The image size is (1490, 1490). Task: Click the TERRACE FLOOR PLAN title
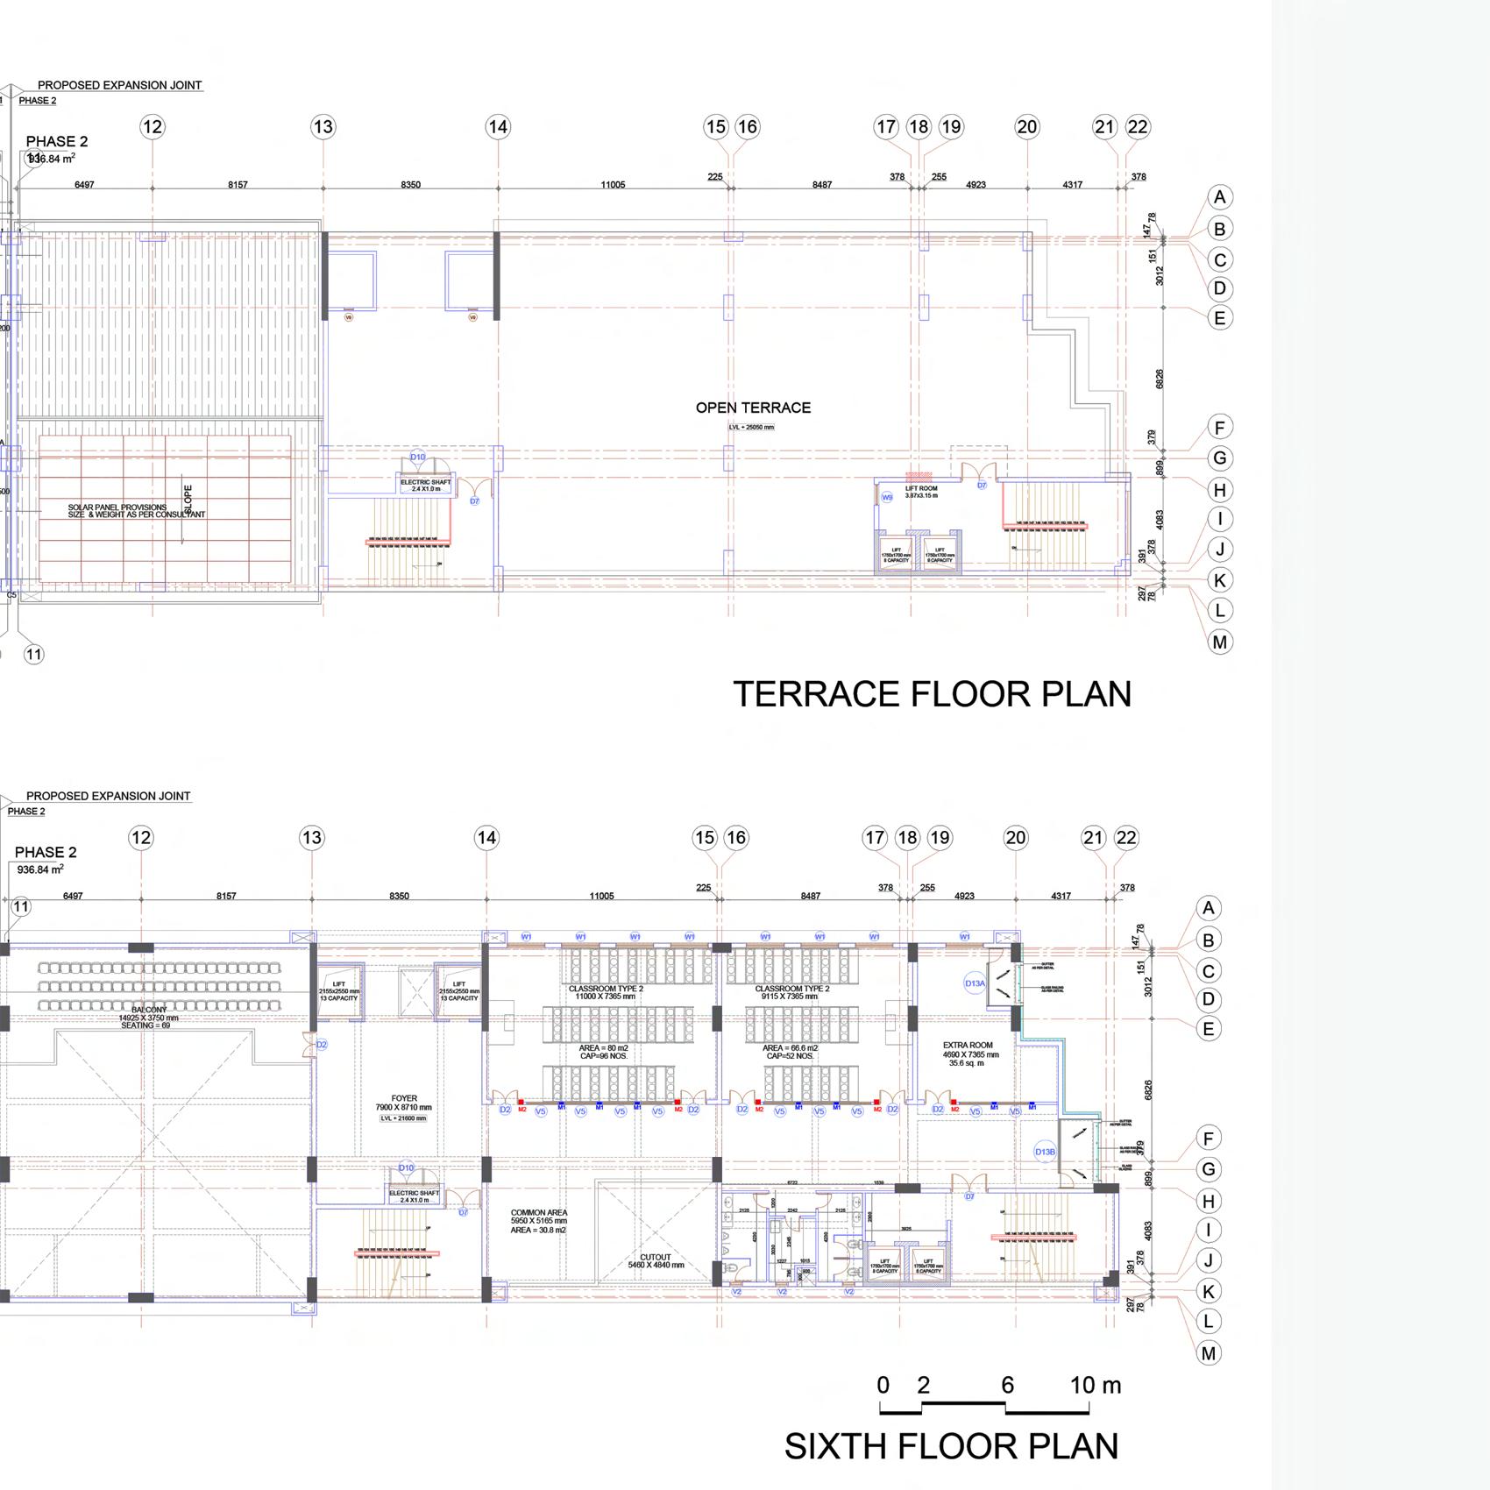(932, 694)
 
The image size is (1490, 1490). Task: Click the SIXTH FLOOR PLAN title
(951, 1446)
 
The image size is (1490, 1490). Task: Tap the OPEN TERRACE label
(753, 408)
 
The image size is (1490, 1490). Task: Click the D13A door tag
(975, 983)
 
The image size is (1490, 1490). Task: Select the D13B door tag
(1045, 1152)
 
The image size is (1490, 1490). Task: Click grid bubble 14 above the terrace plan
(498, 127)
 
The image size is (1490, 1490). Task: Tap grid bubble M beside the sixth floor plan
(1209, 1353)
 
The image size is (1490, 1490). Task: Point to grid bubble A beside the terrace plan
(1219, 197)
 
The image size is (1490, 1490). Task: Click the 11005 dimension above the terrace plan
(613, 185)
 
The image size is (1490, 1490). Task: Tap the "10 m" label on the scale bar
(1095, 1386)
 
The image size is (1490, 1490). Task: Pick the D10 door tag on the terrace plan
(418, 458)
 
